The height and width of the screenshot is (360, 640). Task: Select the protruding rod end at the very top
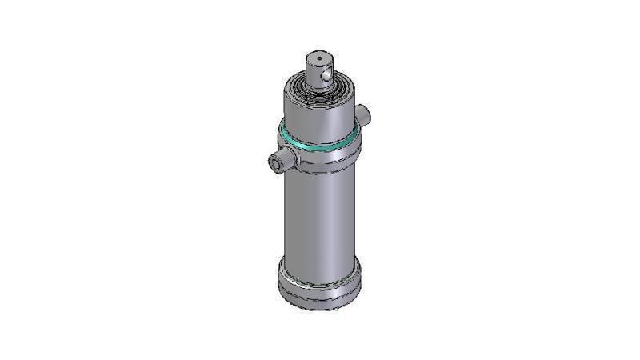[x=320, y=69]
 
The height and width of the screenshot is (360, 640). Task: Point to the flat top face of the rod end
[x=318, y=58]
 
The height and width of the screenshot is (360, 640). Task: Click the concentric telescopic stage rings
[x=318, y=86]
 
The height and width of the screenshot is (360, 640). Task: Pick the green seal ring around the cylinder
[x=316, y=142]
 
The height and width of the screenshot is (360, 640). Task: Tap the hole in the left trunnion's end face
[x=277, y=166]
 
